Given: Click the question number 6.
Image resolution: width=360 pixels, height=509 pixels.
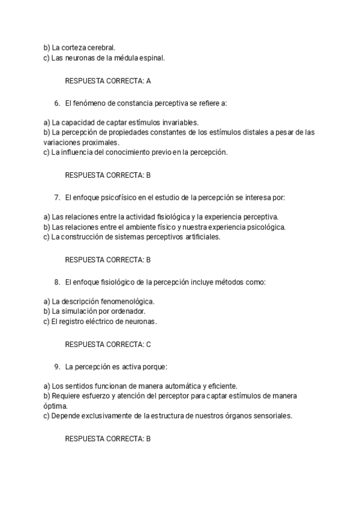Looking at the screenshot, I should tap(57, 103).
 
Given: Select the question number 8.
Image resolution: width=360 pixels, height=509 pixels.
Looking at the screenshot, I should tap(57, 282).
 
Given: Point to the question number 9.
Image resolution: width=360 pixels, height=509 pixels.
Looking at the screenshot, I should tap(57, 366).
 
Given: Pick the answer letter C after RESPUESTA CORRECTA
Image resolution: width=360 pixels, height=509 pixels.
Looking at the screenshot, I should tap(148, 345).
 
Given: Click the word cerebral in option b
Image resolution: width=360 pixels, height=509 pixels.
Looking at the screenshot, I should tap(101, 47).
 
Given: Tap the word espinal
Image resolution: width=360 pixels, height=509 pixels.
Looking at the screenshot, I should tap(150, 58).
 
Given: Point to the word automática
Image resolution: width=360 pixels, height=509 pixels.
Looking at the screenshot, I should tap(179, 385).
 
